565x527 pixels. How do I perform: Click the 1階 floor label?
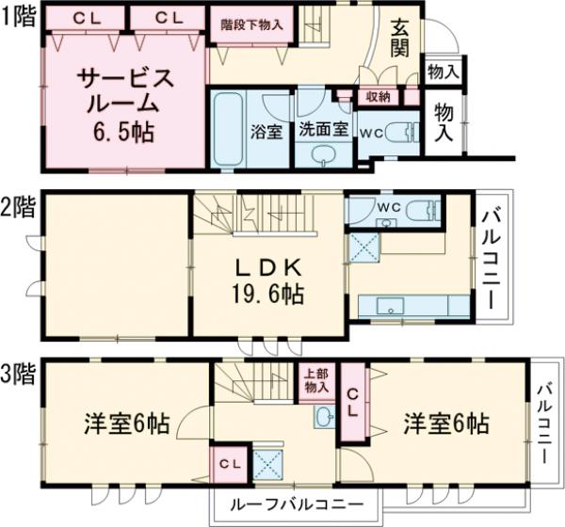pos(19,16)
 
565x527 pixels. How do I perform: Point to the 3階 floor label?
pos(19,375)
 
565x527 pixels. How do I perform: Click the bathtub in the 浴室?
pos(225,130)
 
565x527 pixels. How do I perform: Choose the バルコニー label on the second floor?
pos(492,254)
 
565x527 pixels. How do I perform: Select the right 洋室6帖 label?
pos(448,423)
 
